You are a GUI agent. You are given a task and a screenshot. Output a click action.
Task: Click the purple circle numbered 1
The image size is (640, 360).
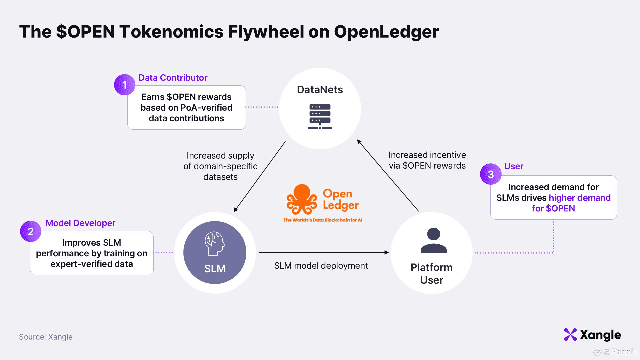(x=124, y=85)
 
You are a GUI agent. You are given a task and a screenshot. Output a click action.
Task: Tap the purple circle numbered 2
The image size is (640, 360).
(x=30, y=231)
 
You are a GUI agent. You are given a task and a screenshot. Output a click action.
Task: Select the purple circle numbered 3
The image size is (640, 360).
(x=491, y=174)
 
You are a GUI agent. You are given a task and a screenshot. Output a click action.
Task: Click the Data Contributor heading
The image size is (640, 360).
(x=173, y=78)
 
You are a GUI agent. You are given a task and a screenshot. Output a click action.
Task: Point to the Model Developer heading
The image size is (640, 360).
(x=80, y=223)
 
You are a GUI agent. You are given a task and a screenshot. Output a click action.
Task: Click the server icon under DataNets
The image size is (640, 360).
(x=320, y=116)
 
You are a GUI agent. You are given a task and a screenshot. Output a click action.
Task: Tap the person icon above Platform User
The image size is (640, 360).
(x=433, y=240)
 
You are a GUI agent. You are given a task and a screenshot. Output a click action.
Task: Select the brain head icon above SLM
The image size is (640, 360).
(x=215, y=244)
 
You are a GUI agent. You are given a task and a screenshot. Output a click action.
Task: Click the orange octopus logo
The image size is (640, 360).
(x=302, y=200)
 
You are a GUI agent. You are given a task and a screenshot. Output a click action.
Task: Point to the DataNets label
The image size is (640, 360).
(x=320, y=90)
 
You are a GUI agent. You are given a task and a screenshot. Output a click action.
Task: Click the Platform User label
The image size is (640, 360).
(x=432, y=274)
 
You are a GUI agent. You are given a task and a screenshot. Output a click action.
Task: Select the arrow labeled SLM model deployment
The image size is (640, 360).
(x=323, y=252)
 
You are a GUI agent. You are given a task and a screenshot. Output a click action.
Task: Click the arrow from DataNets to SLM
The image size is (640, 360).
(x=260, y=177)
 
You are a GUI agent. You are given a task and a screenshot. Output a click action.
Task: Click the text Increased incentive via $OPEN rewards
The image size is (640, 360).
(x=427, y=160)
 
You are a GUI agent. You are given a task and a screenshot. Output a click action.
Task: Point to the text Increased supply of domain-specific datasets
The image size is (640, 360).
(x=220, y=166)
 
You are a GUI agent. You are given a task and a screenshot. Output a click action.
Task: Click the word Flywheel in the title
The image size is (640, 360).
(x=266, y=32)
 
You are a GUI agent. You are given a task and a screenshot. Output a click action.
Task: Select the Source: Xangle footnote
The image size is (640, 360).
(x=46, y=337)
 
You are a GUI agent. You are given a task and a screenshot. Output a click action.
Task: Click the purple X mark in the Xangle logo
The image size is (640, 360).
(x=570, y=335)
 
